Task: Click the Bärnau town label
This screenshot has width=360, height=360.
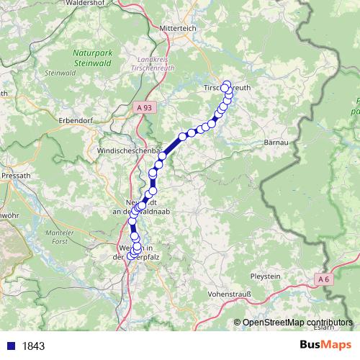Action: (276, 143)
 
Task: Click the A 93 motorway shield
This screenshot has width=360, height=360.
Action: (144, 107)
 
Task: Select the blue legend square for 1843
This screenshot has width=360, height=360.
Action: (10, 346)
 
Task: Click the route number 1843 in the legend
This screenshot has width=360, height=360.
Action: (33, 346)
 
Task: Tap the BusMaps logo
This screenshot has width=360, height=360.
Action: (325, 345)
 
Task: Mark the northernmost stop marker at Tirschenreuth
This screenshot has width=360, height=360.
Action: (226, 84)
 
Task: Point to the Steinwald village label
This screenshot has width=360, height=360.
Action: (60, 73)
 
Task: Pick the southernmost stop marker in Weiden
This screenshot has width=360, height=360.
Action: (131, 256)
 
